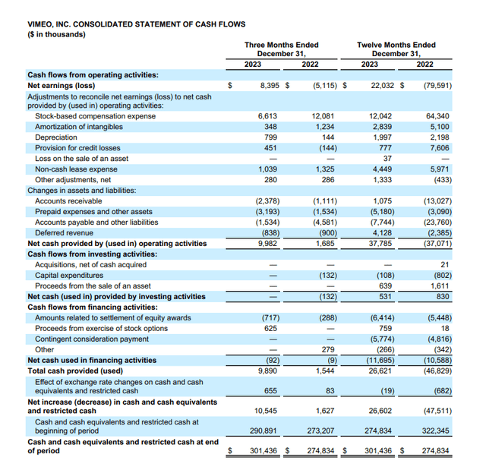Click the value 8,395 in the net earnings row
[270, 86]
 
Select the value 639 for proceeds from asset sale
[384, 286]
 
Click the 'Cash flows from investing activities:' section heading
[92, 254]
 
